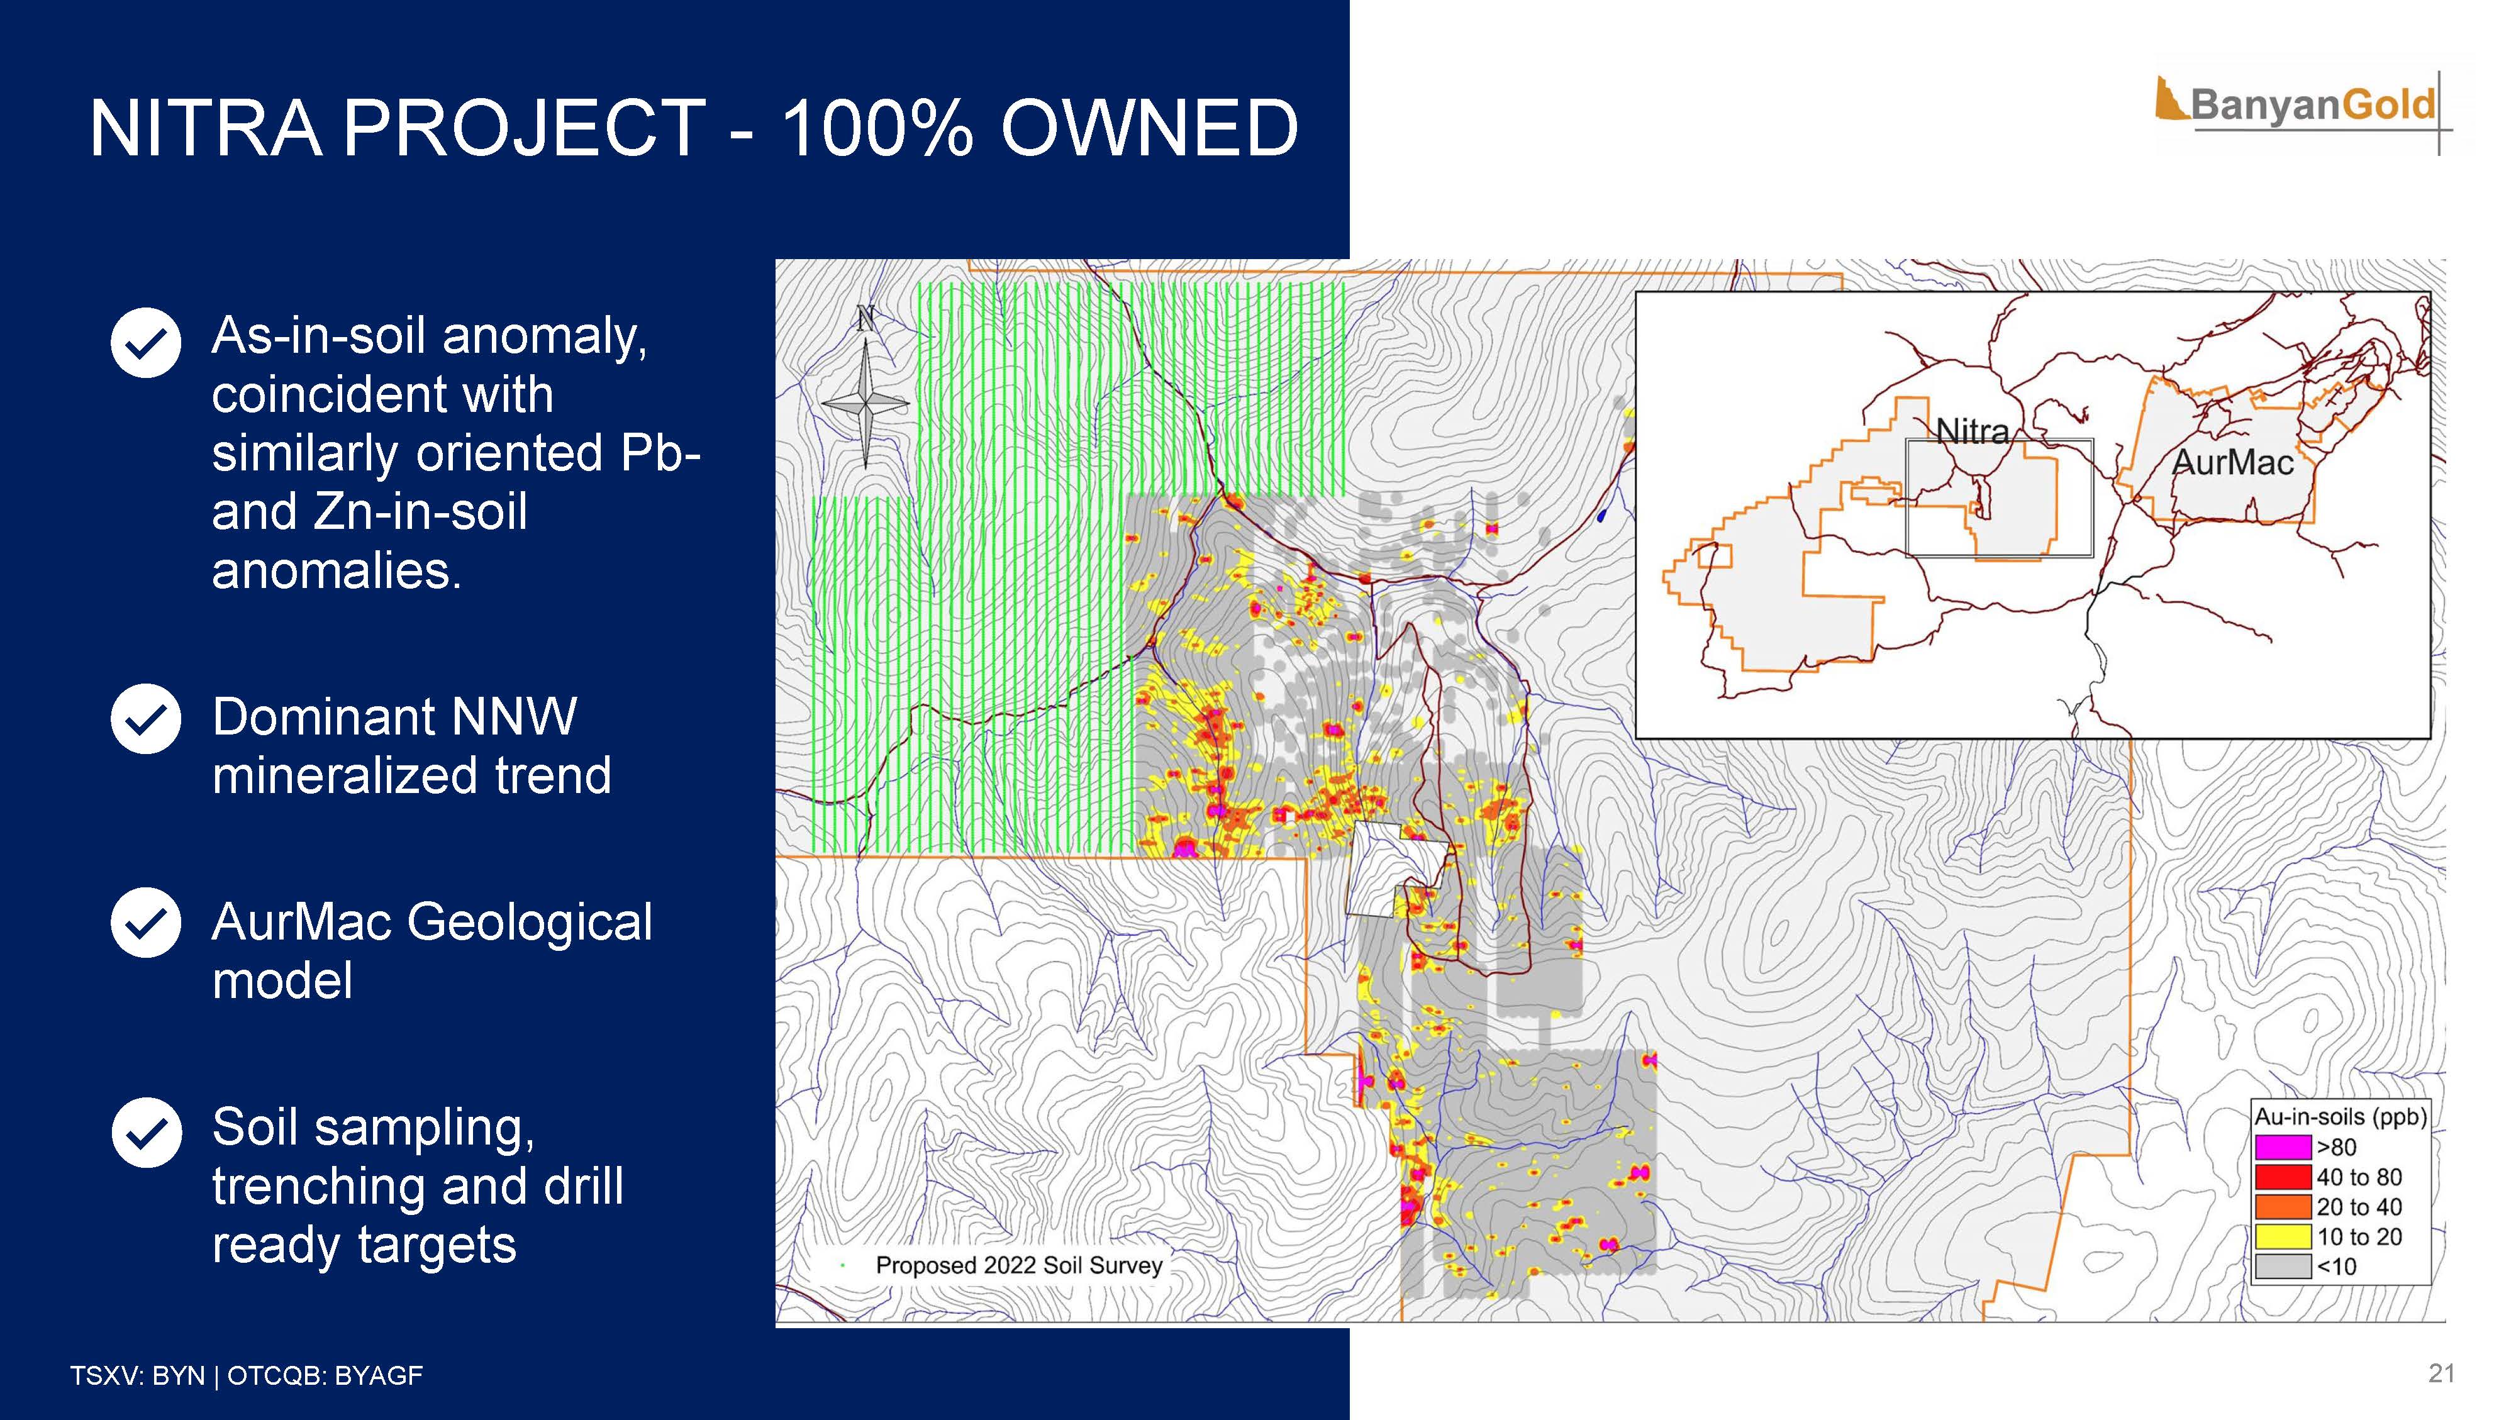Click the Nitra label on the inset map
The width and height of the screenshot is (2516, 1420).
pos(1972,431)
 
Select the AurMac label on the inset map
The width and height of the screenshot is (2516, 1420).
pos(2232,462)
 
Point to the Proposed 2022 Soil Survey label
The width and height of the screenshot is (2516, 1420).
pos(1019,1266)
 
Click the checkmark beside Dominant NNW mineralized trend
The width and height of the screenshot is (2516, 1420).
pos(145,719)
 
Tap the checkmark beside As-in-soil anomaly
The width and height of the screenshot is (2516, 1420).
pos(145,342)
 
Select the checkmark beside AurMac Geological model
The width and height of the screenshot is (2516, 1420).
pos(145,922)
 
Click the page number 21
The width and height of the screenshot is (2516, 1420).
pos(2441,1373)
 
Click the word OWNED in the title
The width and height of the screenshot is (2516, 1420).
pos(1150,128)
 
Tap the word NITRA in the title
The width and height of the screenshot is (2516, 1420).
pos(205,128)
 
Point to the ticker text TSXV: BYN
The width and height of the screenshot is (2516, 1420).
pos(136,1376)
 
